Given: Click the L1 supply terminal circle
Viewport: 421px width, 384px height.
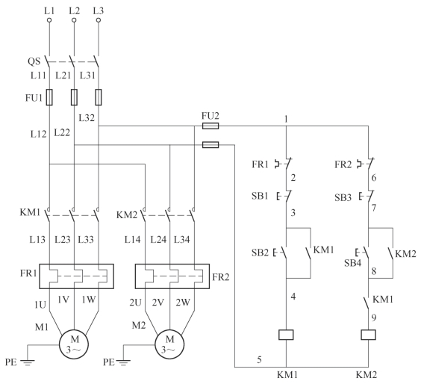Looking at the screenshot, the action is (49, 20).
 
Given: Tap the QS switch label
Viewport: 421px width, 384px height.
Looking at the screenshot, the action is (34, 61).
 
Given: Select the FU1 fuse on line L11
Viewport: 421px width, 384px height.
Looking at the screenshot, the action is (49, 97).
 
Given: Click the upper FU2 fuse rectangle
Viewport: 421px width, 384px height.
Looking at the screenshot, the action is (210, 126).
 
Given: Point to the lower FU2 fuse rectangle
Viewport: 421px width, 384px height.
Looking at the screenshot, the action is (210, 145).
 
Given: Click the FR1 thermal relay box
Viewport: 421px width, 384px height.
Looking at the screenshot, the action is (77, 276).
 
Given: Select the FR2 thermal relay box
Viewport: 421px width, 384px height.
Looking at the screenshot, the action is (172, 276).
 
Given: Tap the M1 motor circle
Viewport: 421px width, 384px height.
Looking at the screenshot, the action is (74, 344).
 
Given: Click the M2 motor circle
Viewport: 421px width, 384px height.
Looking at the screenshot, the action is (169, 344).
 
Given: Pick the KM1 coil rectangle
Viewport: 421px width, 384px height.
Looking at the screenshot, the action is (286, 335).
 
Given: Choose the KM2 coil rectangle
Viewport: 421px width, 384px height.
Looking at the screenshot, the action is (369, 335).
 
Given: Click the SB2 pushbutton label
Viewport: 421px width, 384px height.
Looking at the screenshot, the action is (260, 253).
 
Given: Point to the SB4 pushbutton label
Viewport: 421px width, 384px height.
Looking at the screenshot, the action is (353, 263).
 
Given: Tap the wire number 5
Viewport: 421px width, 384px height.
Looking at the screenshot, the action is (259, 359).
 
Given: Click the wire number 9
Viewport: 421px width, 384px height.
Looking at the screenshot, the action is (374, 318).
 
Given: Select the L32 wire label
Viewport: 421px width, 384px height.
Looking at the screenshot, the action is (87, 118).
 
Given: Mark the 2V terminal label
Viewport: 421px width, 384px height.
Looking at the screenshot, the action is (158, 303).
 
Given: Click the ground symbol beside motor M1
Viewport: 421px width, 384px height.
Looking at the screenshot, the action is (27, 362).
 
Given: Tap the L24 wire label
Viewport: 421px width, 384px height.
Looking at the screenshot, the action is (158, 239).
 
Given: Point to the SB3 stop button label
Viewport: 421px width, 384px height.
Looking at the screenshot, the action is (343, 198).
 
